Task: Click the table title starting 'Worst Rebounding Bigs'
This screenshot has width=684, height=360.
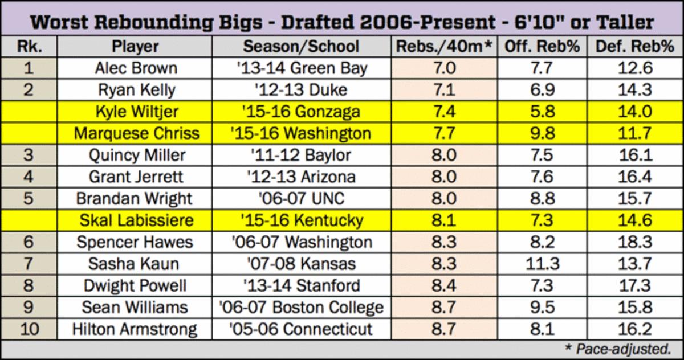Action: pos(341,22)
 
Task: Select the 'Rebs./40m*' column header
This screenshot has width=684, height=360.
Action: pos(443,47)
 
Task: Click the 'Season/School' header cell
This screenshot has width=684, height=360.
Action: pos(301,47)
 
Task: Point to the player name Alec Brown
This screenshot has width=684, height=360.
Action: pos(136,68)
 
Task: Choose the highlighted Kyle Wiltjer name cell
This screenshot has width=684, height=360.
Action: pos(136,112)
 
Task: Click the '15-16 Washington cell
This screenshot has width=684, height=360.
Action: pos(301,133)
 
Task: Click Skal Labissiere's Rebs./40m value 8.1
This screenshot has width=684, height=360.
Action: pos(443,220)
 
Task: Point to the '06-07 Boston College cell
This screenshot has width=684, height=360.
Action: pos(301,307)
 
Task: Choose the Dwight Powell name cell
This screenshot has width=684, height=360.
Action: pos(136,285)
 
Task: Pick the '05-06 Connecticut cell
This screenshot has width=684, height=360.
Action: pos(301,329)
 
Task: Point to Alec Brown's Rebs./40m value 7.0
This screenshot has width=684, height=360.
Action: pos(443,68)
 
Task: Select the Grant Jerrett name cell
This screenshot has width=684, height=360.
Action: pos(136,177)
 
